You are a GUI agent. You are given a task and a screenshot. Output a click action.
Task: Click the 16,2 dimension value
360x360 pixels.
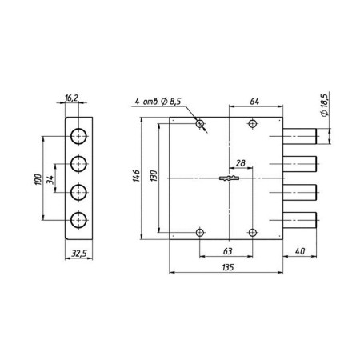pyautogui.click(x=71, y=98)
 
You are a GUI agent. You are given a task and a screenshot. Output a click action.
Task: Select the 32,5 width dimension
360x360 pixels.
pyautogui.click(x=79, y=254)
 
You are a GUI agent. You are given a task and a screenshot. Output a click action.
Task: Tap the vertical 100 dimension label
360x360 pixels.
pyautogui.click(x=38, y=179)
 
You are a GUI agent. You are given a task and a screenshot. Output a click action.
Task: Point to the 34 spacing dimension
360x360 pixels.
pyautogui.click(x=50, y=179)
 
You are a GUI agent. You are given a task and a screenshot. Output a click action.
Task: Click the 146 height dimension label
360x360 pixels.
pyautogui.click(x=136, y=175)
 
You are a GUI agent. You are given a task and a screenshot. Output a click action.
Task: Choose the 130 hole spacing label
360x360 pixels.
pyautogui.click(x=154, y=176)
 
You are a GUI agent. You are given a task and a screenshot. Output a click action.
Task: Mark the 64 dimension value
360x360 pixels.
pyautogui.click(x=254, y=102)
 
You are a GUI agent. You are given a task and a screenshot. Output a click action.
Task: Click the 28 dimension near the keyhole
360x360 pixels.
pyautogui.click(x=241, y=163)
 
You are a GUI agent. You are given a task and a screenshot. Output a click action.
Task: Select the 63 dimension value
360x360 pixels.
pyautogui.click(x=227, y=251)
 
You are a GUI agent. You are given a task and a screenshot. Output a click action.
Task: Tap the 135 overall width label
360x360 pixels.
pyautogui.click(x=228, y=267)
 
